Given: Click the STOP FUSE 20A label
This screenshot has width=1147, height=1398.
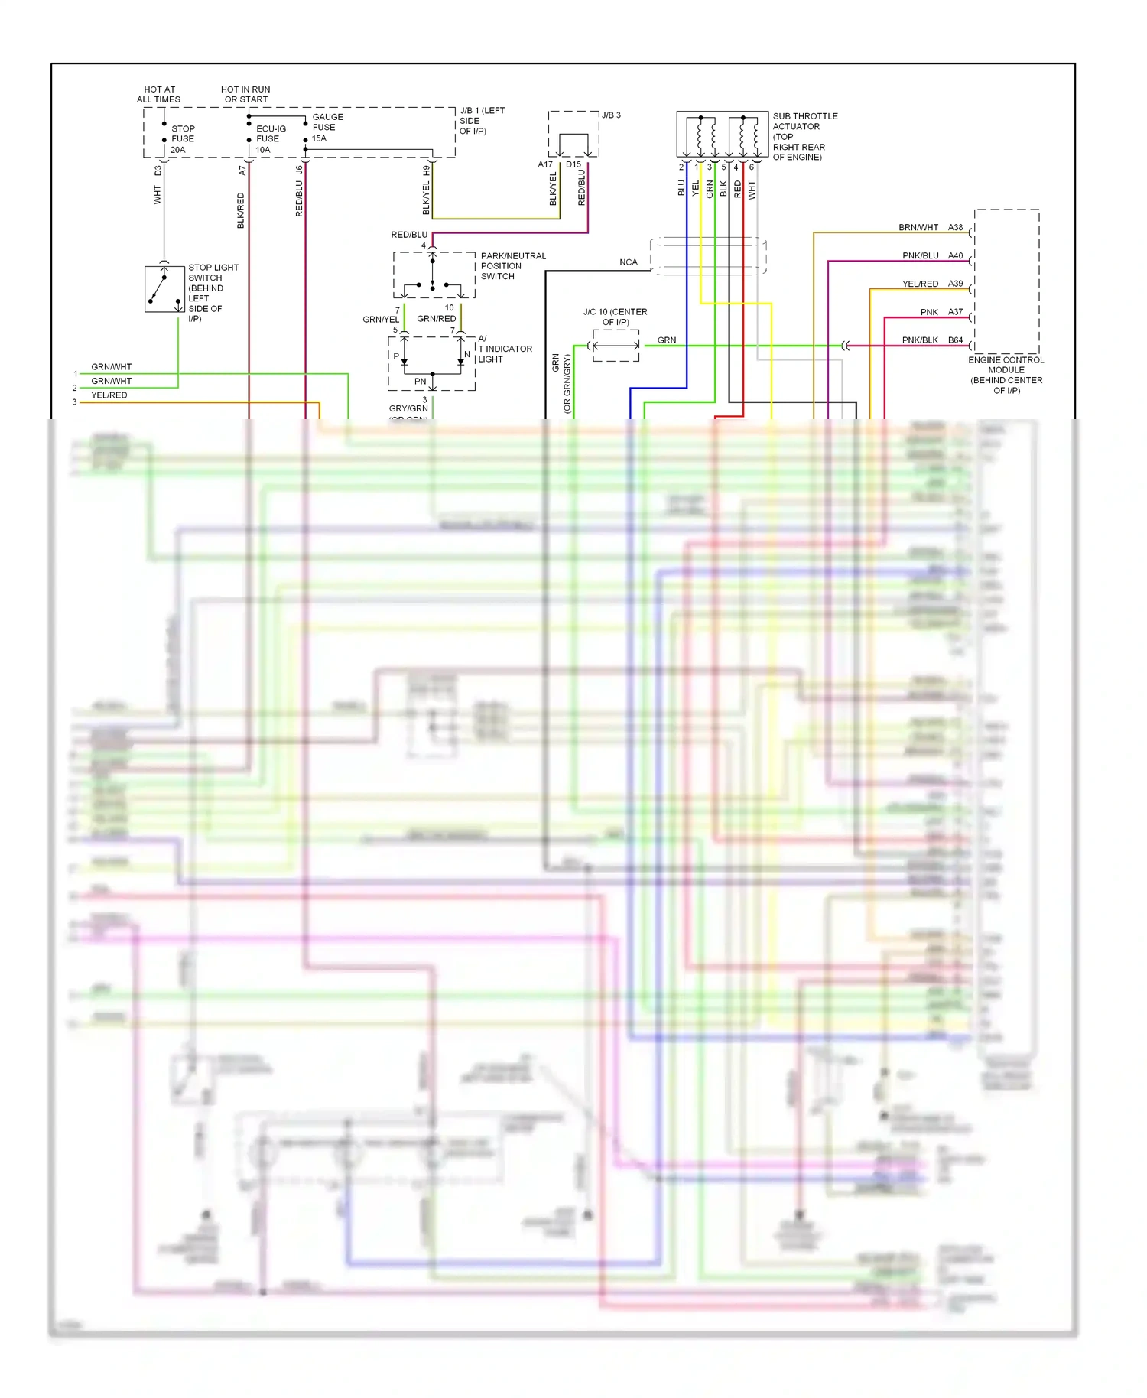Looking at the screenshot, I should point(182,139).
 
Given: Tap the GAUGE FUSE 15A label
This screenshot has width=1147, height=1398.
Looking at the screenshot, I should point(327,128).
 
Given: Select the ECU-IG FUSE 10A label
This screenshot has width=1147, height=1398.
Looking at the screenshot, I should point(270,139).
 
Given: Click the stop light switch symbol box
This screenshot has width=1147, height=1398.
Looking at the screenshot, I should point(164,289).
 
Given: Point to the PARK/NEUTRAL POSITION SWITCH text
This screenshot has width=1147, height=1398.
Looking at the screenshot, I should point(512,266).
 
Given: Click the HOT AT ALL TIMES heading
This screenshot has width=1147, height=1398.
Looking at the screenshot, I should point(159,95).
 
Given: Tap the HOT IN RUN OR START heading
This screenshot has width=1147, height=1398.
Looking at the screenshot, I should point(245,95).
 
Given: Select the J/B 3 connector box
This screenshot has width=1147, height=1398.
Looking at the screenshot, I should point(573,135).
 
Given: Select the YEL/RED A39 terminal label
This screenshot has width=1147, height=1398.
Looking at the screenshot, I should point(931,284).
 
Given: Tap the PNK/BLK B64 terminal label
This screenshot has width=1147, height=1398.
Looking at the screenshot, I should point(931,340).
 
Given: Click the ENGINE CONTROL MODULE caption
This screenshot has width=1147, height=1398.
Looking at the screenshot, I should point(1006,375).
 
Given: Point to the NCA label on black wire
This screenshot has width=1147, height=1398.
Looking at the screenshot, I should point(628,262).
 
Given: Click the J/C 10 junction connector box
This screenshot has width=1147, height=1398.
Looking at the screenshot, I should point(616,346).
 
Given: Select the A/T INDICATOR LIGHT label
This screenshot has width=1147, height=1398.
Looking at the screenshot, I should point(505,349).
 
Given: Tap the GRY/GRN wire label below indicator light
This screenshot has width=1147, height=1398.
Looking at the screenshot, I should point(408,408).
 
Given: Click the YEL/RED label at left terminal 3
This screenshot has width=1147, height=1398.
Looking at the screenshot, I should point(109,395).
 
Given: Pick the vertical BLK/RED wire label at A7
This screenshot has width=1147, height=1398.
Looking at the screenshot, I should point(241,210).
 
